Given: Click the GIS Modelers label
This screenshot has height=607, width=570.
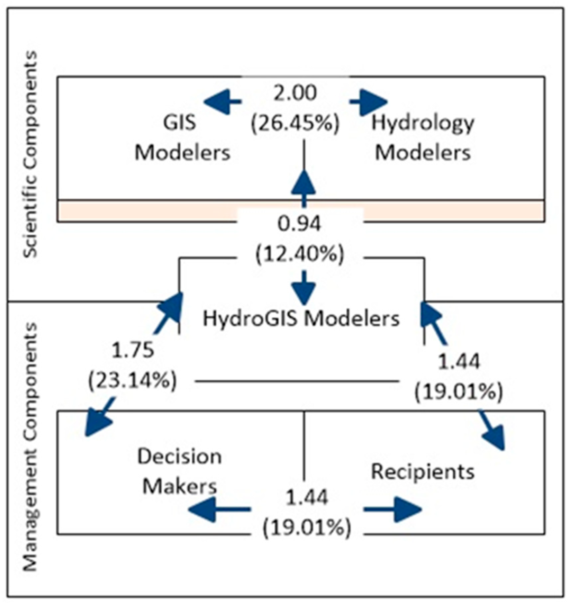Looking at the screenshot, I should (182, 138).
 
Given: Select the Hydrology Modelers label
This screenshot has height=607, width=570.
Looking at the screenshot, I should (423, 138).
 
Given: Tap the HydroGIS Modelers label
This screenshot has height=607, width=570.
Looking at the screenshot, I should (301, 318).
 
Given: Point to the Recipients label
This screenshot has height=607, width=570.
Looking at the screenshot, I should (423, 471).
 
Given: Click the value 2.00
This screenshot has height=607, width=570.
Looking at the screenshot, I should (295, 93).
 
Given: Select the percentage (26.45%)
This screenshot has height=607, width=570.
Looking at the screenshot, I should (295, 123).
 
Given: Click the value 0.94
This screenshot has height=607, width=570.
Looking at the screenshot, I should (299, 224).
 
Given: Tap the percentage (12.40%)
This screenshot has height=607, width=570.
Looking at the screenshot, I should (299, 255).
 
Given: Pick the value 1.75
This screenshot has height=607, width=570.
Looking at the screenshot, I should (133, 351).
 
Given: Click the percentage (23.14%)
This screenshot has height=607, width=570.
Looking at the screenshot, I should (133, 381).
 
